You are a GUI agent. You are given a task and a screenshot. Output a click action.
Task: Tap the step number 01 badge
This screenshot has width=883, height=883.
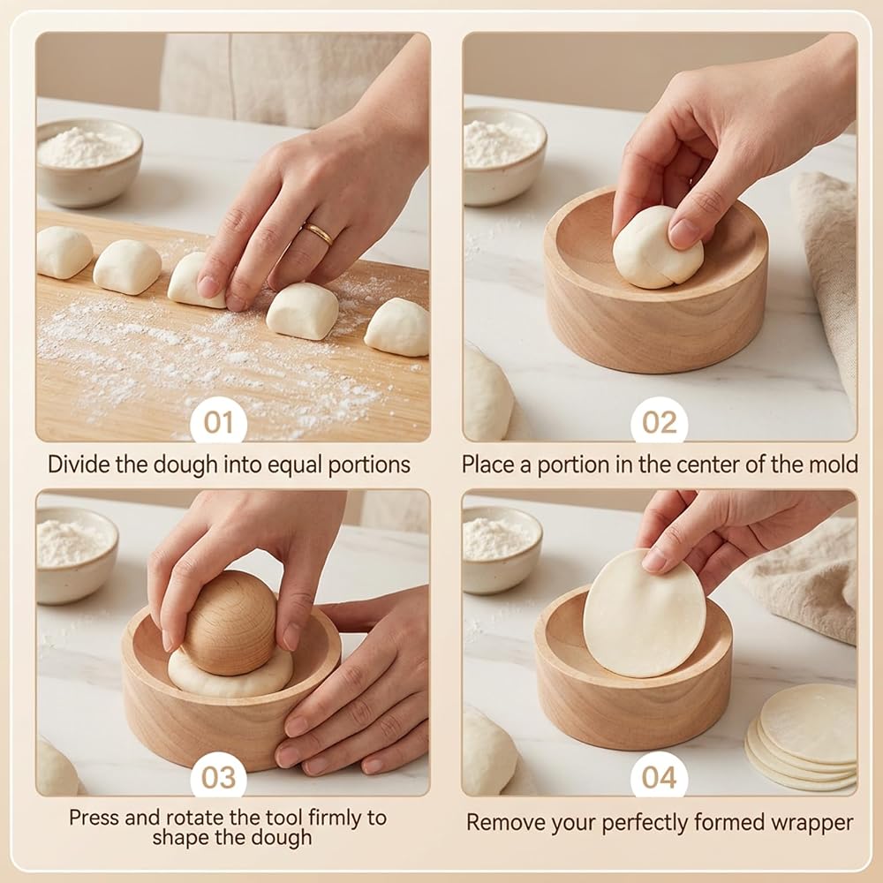click(x=218, y=420)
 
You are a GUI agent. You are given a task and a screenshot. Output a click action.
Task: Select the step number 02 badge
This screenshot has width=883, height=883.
click(x=660, y=420)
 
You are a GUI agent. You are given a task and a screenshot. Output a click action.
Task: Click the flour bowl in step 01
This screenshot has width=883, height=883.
click(x=89, y=162)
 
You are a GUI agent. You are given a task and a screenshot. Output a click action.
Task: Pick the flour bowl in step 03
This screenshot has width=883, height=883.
click(x=76, y=555)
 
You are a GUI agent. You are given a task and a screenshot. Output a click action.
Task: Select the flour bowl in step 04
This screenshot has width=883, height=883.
click(x=502, y=549)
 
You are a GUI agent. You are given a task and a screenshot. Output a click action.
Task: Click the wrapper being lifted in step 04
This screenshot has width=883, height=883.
click(x=644, y=614)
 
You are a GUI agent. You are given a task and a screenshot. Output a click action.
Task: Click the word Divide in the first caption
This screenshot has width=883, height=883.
click(x=79, y=464)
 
